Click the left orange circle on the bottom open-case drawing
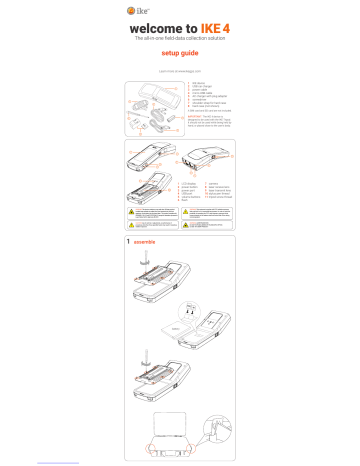[x=147, y=439]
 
